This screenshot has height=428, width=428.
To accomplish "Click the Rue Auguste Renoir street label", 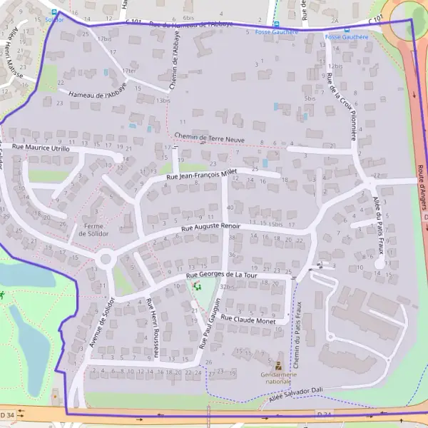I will pyautogui.click(x=210, y=227).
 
